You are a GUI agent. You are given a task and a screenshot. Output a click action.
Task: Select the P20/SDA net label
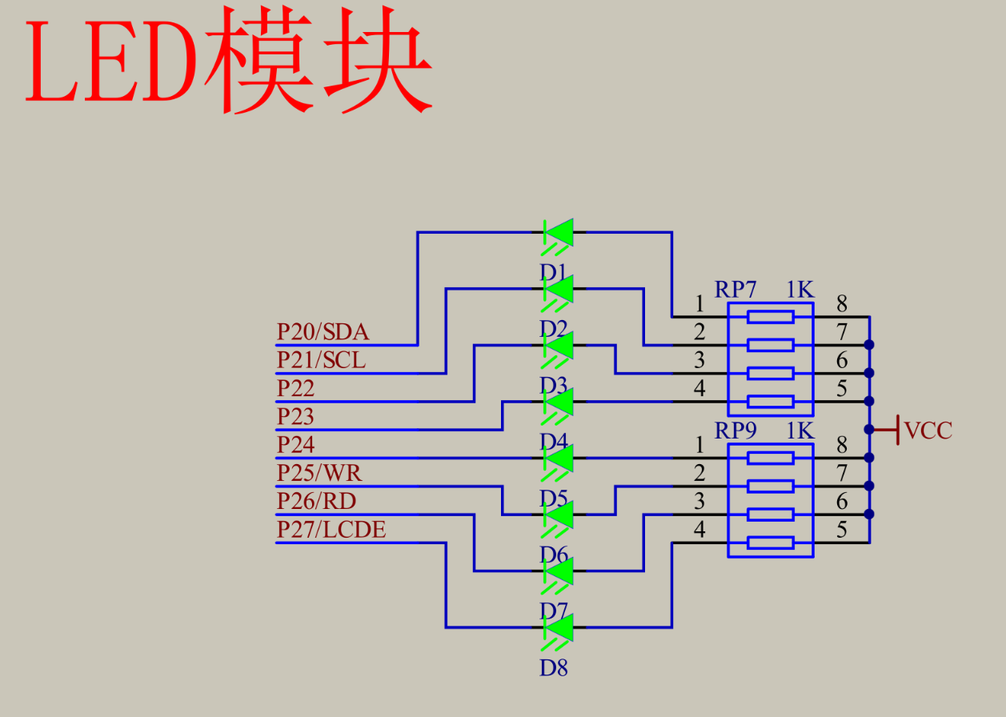[x=323, y=332]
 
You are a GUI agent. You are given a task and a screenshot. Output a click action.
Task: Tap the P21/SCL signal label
[x=321, y=360]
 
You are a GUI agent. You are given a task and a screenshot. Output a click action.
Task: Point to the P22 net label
[x=295, y=388]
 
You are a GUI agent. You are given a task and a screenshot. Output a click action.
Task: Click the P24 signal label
[x=295, y=444]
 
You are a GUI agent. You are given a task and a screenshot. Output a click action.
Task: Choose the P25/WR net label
[x=319, y=473]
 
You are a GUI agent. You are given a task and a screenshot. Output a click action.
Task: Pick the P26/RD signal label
[x=317, y=501]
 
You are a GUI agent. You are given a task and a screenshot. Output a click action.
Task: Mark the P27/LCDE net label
[x=331, y=529]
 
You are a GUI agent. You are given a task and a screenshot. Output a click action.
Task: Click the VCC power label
[x=928, y=431]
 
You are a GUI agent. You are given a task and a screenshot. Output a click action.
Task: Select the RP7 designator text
[x=735, y=290]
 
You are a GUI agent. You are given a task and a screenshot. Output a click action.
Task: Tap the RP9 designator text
[x=735, y=431]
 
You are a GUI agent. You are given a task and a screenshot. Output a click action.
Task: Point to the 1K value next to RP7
[x=800, y=290]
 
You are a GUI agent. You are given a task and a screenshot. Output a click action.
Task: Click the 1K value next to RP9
[x=800, y=431]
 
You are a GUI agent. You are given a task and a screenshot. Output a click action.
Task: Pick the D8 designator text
[x=553, y=667]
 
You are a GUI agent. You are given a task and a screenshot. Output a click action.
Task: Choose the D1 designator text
[x=553, y=272]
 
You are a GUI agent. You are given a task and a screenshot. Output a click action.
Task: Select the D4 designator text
[x=553, y=442]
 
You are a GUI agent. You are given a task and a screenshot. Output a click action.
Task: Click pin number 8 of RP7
[x=842, y=304]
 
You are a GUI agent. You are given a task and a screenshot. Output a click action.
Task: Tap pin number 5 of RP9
[x=842, y=529]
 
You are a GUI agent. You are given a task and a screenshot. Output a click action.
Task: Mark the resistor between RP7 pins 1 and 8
[x=770, y=317]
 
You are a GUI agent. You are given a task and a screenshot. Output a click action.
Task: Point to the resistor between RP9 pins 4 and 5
[x=770, y=543]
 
